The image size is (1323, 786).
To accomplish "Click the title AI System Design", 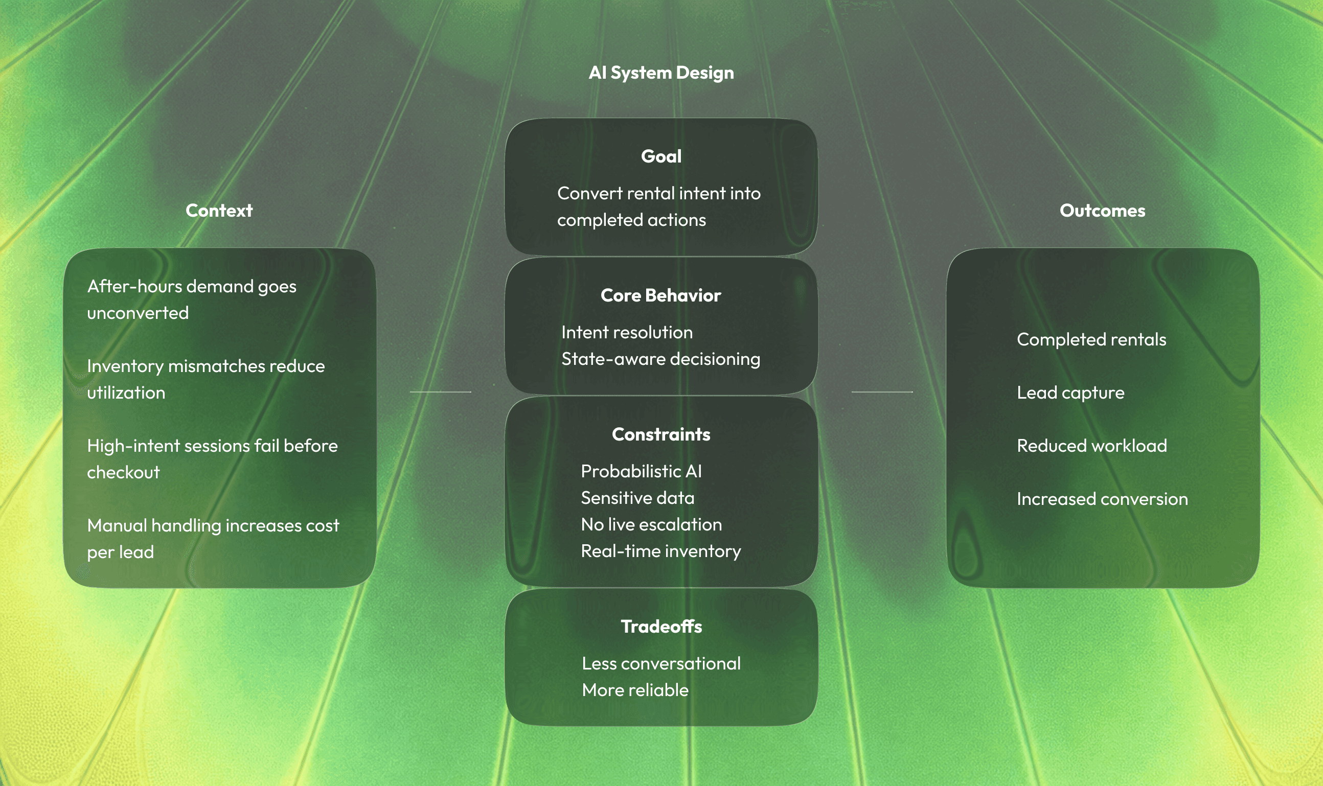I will pyautogui.click(x=660, y=73).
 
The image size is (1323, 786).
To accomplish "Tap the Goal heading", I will pyautogui.click(x=660, y=156).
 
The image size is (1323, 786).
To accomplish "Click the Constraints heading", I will pyautogui.click(x=660, y=434).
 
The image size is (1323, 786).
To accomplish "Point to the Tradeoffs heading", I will pyautogui.click(x=660, y=627).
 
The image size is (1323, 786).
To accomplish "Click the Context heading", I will pyautogui.click(x=219, y=210).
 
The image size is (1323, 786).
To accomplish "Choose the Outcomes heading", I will pyautogui.click(x=1102, y=210).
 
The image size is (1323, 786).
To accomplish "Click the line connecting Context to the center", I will pyautogui.click(x=440, y=392).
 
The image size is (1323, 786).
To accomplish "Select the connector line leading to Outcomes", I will pyautogui.click(x=882, y=392).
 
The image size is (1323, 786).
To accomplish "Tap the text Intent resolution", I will pyautogui.click(x=627, y=332).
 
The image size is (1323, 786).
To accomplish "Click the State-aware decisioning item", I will pyautogui.click(x=660, y=359).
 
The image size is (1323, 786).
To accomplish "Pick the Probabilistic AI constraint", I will pyautogui.click(x=641, y=471).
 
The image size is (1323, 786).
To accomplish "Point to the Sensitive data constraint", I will pyautogui.click(x=637, y=498).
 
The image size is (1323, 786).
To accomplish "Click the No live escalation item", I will pyautogui.click(x=651, y=524).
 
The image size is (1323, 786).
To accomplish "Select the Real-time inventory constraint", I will pyautogui.click(x=660, y=551).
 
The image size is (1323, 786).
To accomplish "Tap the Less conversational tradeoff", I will pyautogui.click(x=660, y=663).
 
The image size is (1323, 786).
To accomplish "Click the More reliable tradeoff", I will pyautogui.click(x=635, y=690).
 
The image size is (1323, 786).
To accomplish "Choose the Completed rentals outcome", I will pyautogui.click(x=1091, y=339).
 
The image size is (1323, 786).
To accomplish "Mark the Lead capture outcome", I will pyautogui.click(x=1070, y=392).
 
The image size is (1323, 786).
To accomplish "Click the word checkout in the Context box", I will pyautogui.click(x=123, y=472).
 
